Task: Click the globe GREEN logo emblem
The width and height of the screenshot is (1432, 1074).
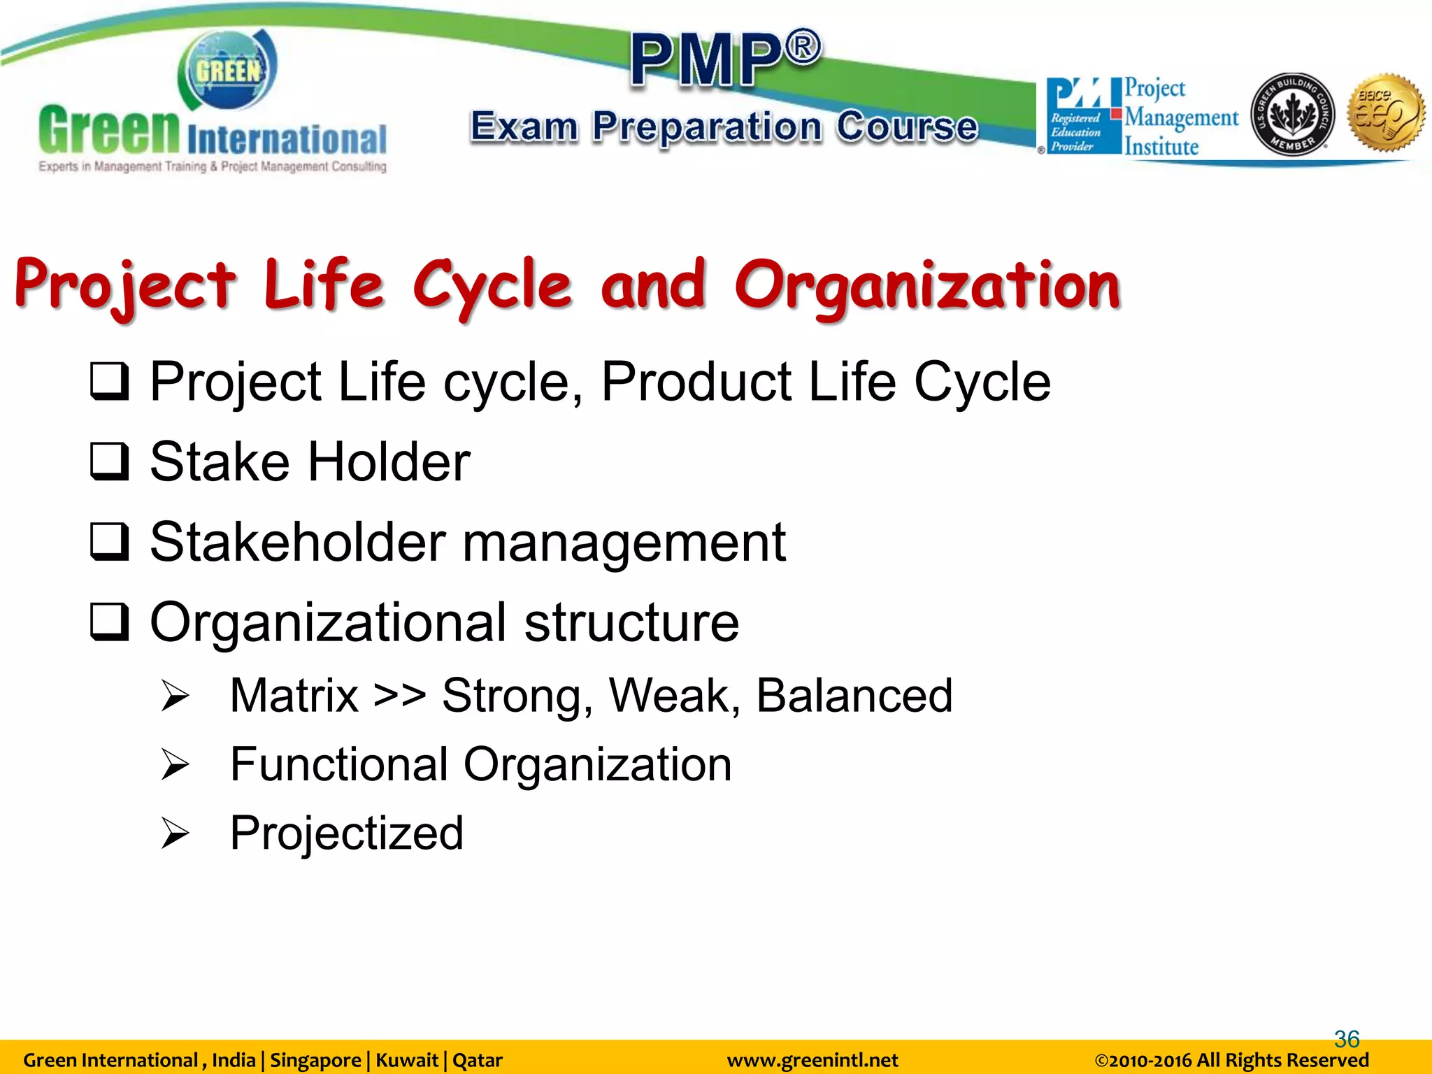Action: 228,71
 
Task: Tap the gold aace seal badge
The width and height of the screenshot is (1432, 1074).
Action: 1386,112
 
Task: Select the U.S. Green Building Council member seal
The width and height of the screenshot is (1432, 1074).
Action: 1291,114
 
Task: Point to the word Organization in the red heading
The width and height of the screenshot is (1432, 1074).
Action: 926,287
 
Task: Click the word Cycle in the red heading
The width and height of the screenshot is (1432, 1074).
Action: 492,287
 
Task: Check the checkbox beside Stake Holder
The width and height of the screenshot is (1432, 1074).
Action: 110,461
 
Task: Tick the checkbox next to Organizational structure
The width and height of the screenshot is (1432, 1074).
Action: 110,622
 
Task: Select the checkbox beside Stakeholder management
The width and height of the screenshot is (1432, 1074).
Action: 110,542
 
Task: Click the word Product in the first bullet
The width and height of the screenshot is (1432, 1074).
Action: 695,382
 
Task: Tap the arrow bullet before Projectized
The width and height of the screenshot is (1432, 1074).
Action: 174,833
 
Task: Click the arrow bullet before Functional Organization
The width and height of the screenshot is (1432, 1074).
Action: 174,764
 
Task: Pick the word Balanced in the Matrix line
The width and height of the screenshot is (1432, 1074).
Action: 854,696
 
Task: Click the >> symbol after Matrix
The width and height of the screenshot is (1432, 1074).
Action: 399,696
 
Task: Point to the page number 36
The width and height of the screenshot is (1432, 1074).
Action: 1347,1039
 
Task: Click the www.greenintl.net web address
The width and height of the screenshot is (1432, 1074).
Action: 812,1060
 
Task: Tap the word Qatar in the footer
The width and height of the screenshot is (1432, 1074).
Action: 478,1060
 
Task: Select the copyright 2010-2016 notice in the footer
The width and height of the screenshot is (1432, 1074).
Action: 1231,1060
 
